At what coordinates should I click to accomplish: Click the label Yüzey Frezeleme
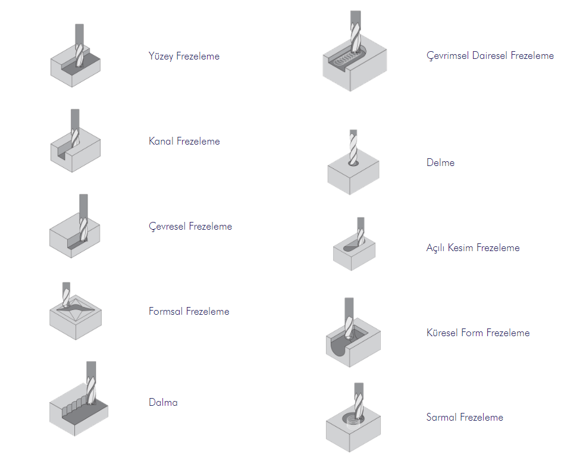point(184,57)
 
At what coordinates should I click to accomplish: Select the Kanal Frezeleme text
point(184,142)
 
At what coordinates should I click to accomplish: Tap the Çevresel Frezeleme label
point(190,227)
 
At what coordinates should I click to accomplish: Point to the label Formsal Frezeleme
point(189,312)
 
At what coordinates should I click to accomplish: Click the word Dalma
point(163,403)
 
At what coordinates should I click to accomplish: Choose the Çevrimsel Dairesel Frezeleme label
point(490,56)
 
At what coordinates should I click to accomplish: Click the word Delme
point(440,162)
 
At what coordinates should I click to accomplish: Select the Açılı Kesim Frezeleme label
point(473,248)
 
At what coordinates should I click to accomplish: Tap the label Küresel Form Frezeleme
point(478,333)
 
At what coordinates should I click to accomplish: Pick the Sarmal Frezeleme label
point(465,418)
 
